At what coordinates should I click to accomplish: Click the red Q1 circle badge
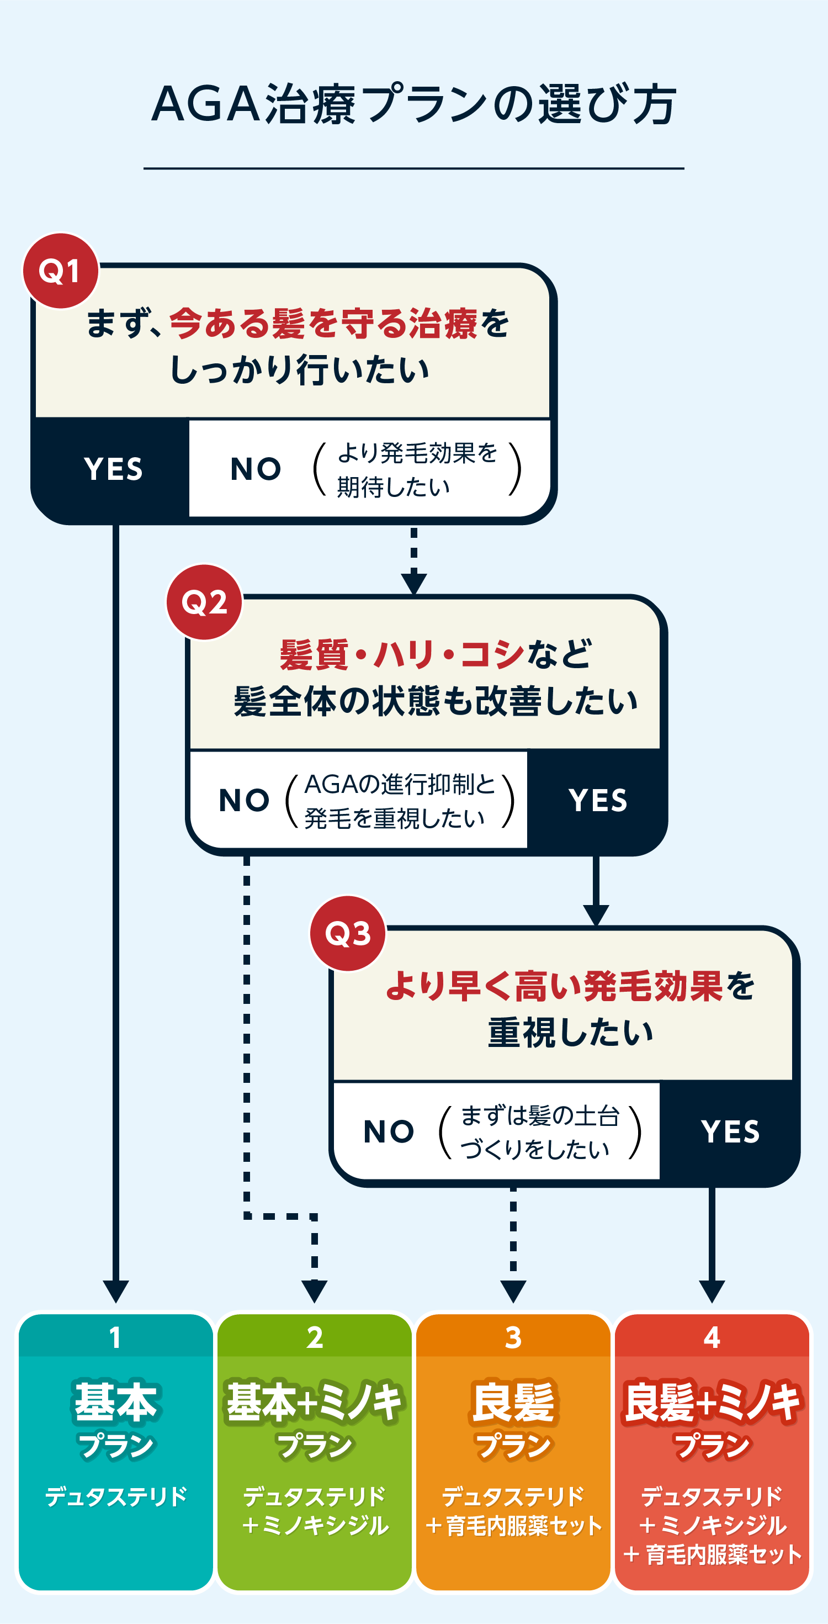61,271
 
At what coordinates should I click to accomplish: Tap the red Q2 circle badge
204,602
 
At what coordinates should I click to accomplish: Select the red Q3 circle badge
348,933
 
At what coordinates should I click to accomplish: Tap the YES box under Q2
597,800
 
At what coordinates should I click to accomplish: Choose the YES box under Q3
730,1131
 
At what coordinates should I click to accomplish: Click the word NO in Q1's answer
256,469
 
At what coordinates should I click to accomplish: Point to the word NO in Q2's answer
244,800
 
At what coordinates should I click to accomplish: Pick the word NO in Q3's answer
389,1131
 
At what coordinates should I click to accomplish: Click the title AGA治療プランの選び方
414,104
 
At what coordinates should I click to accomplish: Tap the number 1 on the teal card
115,1336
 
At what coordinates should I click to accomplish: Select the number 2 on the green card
315,1336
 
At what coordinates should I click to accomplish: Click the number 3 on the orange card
513,1336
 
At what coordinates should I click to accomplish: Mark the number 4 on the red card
712,1336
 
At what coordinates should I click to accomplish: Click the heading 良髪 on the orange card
513,1402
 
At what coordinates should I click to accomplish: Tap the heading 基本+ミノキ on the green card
315,1402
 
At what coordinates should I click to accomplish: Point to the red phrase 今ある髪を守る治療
323,324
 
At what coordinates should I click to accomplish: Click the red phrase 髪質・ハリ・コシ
401,654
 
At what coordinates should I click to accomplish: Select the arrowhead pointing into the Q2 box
414,583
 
